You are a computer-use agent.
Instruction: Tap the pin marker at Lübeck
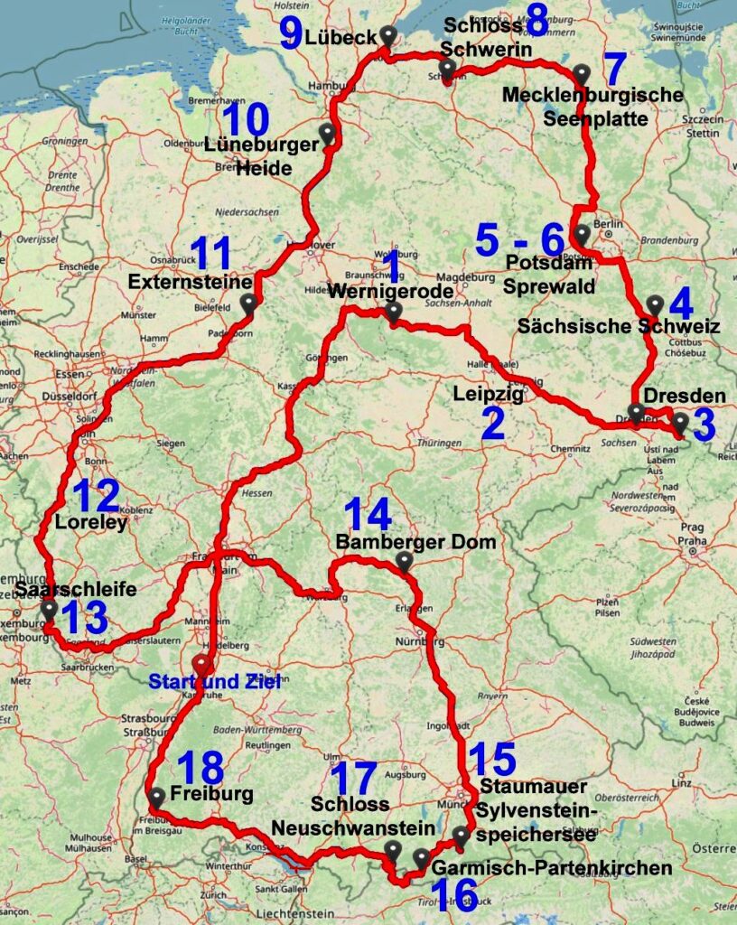(388, 36)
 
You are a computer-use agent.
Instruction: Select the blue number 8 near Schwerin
(536, 20)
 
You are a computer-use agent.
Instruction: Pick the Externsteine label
(181, 282)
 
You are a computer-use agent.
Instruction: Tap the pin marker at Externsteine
(248, 304)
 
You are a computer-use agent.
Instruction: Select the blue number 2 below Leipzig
(493, 425)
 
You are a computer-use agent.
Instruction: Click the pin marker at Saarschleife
(48, 612)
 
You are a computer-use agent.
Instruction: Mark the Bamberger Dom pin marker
(404, 562)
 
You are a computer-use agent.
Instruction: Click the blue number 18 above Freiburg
(201, 769)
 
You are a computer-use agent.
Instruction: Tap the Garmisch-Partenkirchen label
(552, 868)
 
